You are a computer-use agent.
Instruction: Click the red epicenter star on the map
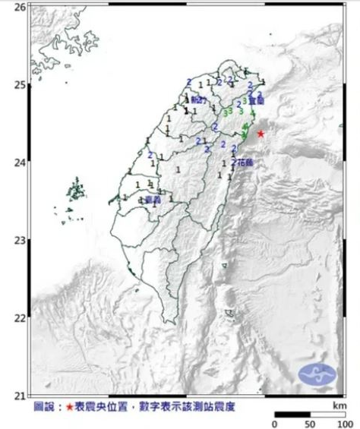point(261,134)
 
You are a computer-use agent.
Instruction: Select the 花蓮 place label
point(243,162)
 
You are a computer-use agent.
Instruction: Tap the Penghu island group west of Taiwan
point(76,190)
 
